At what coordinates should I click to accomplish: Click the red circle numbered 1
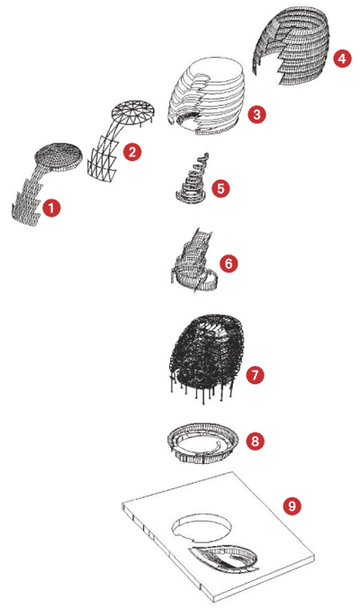tap(51, 208)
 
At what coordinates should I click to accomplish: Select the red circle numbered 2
tap(132, 152)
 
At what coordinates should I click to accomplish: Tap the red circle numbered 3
tap(256, 114)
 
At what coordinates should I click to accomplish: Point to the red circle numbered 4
tap(342, 58)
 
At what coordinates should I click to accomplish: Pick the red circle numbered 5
tap(220, 189)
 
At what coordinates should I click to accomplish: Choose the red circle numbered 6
tap(229, 264)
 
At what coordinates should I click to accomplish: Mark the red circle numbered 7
tap(255, 375)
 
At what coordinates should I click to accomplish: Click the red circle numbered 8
tap(255, 441)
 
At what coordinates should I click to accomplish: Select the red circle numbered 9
tap(292, 505)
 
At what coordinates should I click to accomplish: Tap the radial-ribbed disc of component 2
tap(133, 112)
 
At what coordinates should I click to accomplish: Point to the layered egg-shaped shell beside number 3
tap(206, 96)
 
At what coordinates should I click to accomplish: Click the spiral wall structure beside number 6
tap(194, 262)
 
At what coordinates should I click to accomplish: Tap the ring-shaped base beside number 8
tap(202, 443)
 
